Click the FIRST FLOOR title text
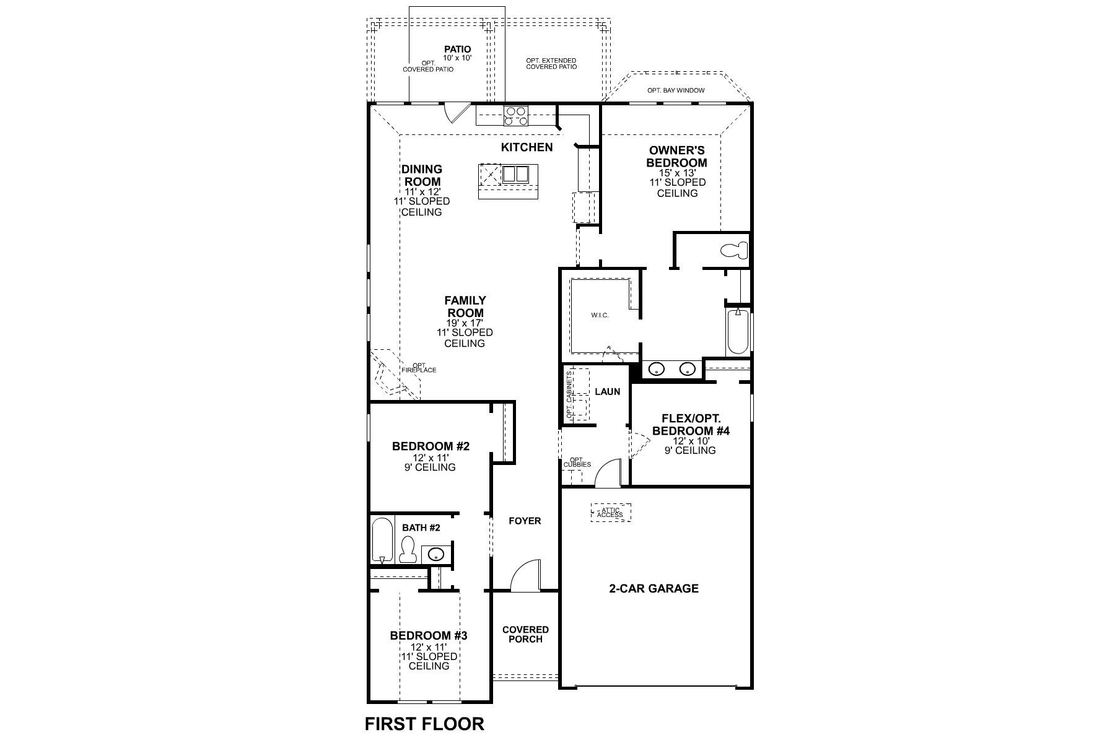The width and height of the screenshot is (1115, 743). pos(424,723)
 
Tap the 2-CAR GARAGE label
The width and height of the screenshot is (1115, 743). pos(654,588)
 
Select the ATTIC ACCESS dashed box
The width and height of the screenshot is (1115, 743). pos(611,513)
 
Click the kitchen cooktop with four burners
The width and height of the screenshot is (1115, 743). pos(517,116)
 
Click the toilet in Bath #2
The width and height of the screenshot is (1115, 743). pos(407,550)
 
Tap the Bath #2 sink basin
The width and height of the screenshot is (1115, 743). pos(436,554)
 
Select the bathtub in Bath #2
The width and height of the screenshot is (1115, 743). pos(382,541)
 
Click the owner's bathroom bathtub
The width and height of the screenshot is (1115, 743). pos(737,331)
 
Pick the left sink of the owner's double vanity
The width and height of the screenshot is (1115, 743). pos(656,370)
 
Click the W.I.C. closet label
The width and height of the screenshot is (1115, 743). pos(600,315)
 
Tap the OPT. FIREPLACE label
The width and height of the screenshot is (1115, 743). pos(419,368)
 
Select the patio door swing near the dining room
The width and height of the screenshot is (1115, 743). pos(455,113)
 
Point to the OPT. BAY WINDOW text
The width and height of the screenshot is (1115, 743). pos(676,90)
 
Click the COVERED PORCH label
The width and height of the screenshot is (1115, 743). pos(525,634)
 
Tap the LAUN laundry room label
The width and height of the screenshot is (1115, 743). pos(607,391)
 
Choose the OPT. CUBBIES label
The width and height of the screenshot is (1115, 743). pos(577,462)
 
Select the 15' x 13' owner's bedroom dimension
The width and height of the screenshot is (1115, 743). pos(677,173)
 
